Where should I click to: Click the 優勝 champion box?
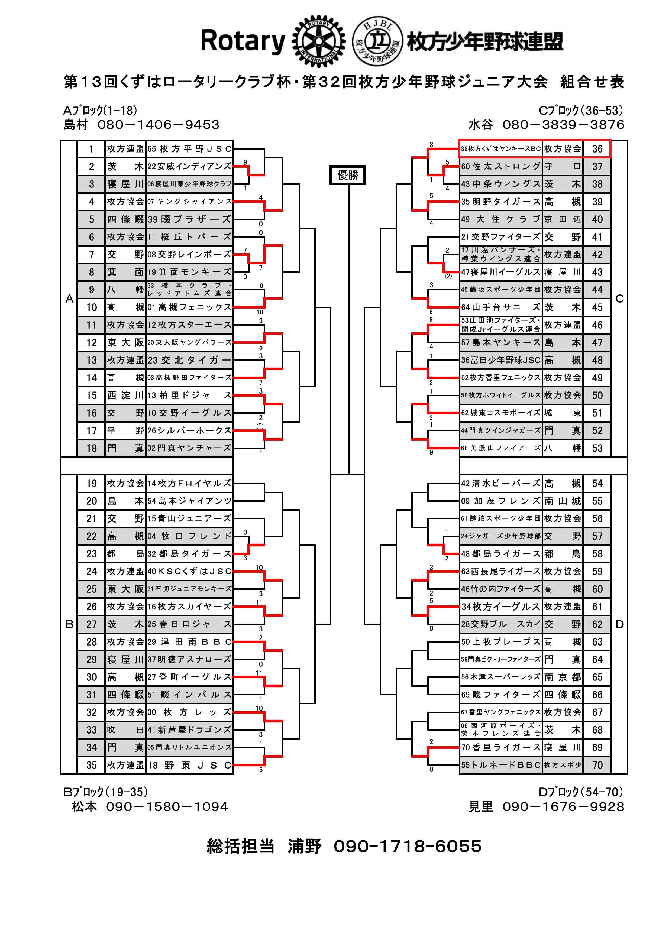(x=348, y=175)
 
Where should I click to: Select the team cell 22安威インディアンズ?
(x=189, y=166)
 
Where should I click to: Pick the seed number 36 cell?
(x=597, y=149)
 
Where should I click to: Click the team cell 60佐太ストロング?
(x=501, y=166)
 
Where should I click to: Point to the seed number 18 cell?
(x=91, y=448)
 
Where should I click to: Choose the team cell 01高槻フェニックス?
(x=189, y=307)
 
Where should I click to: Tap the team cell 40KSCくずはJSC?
(x=189, y=571)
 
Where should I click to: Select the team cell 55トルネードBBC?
(x=501, y=765)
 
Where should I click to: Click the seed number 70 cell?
(x=597, y=765)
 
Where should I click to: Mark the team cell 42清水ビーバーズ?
(x=501, y=483)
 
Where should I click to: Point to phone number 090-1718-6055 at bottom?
(x=408, y=846)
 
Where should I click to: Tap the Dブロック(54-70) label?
(x=581, y=792)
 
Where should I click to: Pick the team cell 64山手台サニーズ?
(x=501, y=307)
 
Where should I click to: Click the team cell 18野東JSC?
(x=189, y=765)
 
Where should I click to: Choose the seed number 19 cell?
(x=91, y=483)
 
